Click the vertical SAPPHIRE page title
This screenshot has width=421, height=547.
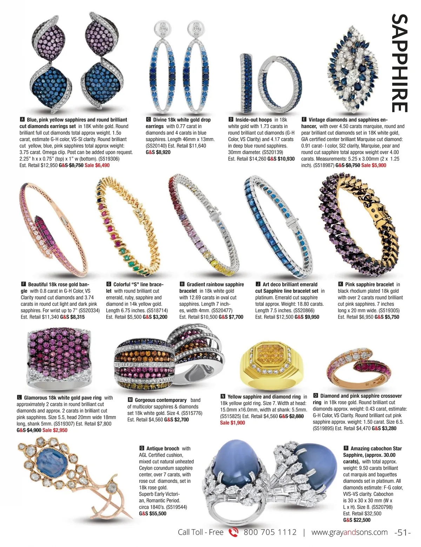pyautogui.click(x=400, y=63)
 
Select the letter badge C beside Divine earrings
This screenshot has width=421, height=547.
pyautogui.click(x=148, y=119)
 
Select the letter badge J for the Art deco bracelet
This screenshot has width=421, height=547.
pyautogui.click(x=258, y=284)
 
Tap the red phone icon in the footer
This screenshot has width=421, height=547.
pyautogui.click(x=233, y=533)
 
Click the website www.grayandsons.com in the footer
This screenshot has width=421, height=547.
pyautogui.click(x=349, y=533)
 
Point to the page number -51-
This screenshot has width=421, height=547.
pyautogui.click(x=402, y=533)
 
